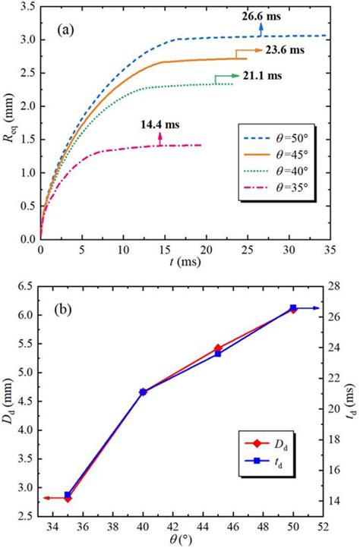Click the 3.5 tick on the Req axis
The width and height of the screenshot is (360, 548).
tap(30, 6)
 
